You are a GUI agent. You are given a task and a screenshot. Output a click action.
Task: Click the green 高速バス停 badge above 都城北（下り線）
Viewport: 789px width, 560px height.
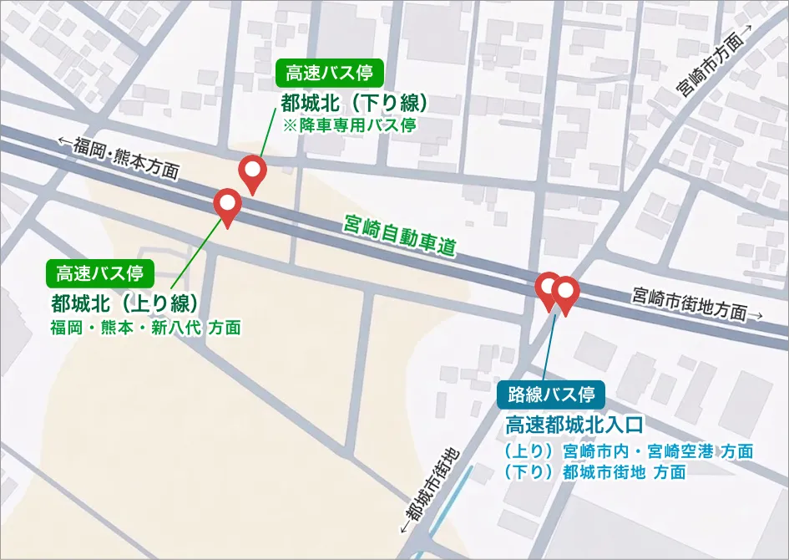pyautogui.click(x=329, y=73)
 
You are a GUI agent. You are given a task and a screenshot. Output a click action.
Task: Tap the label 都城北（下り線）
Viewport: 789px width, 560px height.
pyautogui.click(x=355, y=103)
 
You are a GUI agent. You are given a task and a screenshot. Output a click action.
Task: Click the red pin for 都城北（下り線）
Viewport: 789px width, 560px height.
pyautogui.click(x=251, y=173)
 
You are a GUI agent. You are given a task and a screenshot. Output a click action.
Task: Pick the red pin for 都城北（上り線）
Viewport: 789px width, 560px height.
pyautogui.click(x=228, y=205)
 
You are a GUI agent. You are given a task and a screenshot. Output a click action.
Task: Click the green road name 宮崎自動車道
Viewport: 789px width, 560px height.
pyautogui.click(x=401, y=236)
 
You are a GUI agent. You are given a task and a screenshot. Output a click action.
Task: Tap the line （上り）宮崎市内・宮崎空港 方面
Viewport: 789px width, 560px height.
pyautogui.click(x=629, y=451)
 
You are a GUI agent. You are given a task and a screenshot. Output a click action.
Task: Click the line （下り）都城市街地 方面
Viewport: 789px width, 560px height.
pyautogui.click(x=594, y=471)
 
